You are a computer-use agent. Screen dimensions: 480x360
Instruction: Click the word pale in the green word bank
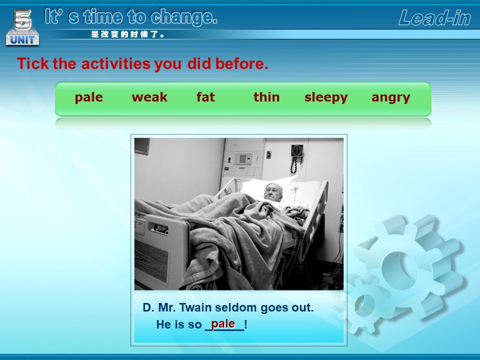coord(89,97)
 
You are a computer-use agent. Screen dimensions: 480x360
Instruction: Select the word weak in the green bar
coord(149,97)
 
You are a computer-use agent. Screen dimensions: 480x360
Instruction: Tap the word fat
coord(205,97)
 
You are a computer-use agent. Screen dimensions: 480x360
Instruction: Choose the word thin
coord(266,97)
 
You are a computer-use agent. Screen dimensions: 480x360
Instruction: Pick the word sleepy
coord(326,97)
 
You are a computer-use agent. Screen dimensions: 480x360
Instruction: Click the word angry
coord(390,98)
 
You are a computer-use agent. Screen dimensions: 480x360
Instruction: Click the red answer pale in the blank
coord(223,323)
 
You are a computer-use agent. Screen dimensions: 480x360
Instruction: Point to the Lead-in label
coord(434,17)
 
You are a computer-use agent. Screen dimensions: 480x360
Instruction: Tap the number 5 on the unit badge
coord(22,19)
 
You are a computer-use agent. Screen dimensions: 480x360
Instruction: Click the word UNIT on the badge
coord(22,40)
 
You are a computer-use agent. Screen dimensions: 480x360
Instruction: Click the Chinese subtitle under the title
coord(127,34)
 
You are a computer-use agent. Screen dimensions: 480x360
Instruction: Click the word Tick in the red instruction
coord(33,63)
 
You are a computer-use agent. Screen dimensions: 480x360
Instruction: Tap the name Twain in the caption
coord(195,307)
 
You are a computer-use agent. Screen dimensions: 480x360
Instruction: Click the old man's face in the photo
coord(273,192)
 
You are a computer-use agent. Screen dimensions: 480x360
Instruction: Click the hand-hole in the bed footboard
coord(158,228)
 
